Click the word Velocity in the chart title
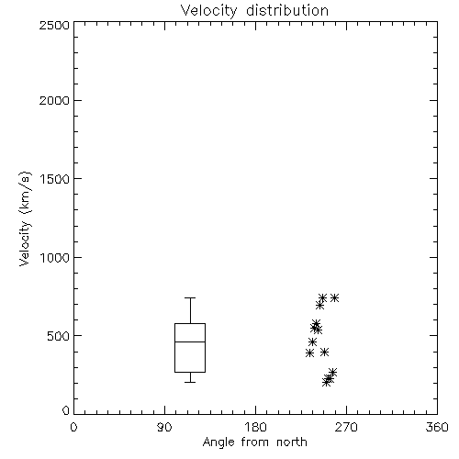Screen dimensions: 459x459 coord(208,11)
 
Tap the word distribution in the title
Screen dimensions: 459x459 coord(287,10)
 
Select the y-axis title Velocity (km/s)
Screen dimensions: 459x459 coord(25,218)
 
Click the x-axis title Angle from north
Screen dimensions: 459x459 coord(254,442)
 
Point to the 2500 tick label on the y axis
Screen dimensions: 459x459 coord(54,25)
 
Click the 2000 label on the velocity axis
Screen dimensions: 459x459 coord(54,100)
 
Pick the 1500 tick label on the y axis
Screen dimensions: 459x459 coord(55,179)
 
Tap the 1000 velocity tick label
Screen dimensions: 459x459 coord(55,258)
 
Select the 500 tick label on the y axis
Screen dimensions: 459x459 coord(59,336)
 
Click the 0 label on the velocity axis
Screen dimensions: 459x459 coord(66,410)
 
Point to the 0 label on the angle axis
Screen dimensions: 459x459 coord(73,427)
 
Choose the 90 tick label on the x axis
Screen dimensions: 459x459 coord(164,427)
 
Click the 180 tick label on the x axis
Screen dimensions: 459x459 coord(255,427)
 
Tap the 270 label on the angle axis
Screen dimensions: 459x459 coord(346,427)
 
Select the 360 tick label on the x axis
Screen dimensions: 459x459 coord(437,427)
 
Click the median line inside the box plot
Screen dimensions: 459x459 coord(190,341)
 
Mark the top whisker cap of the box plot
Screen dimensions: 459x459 coord(190,297)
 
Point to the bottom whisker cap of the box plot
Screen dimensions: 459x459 coord(190,382)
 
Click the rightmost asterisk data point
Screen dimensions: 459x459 coord(334,297)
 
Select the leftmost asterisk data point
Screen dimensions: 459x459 coord(309,353)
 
